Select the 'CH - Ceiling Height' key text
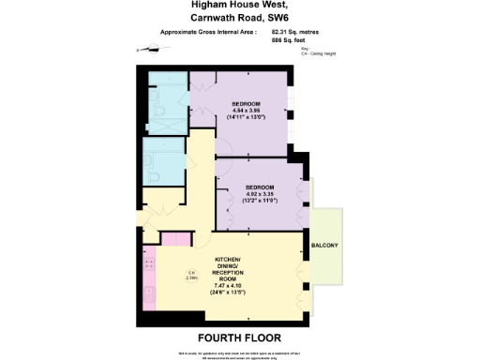tap(318, 54)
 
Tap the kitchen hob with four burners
tap(147, 267)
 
